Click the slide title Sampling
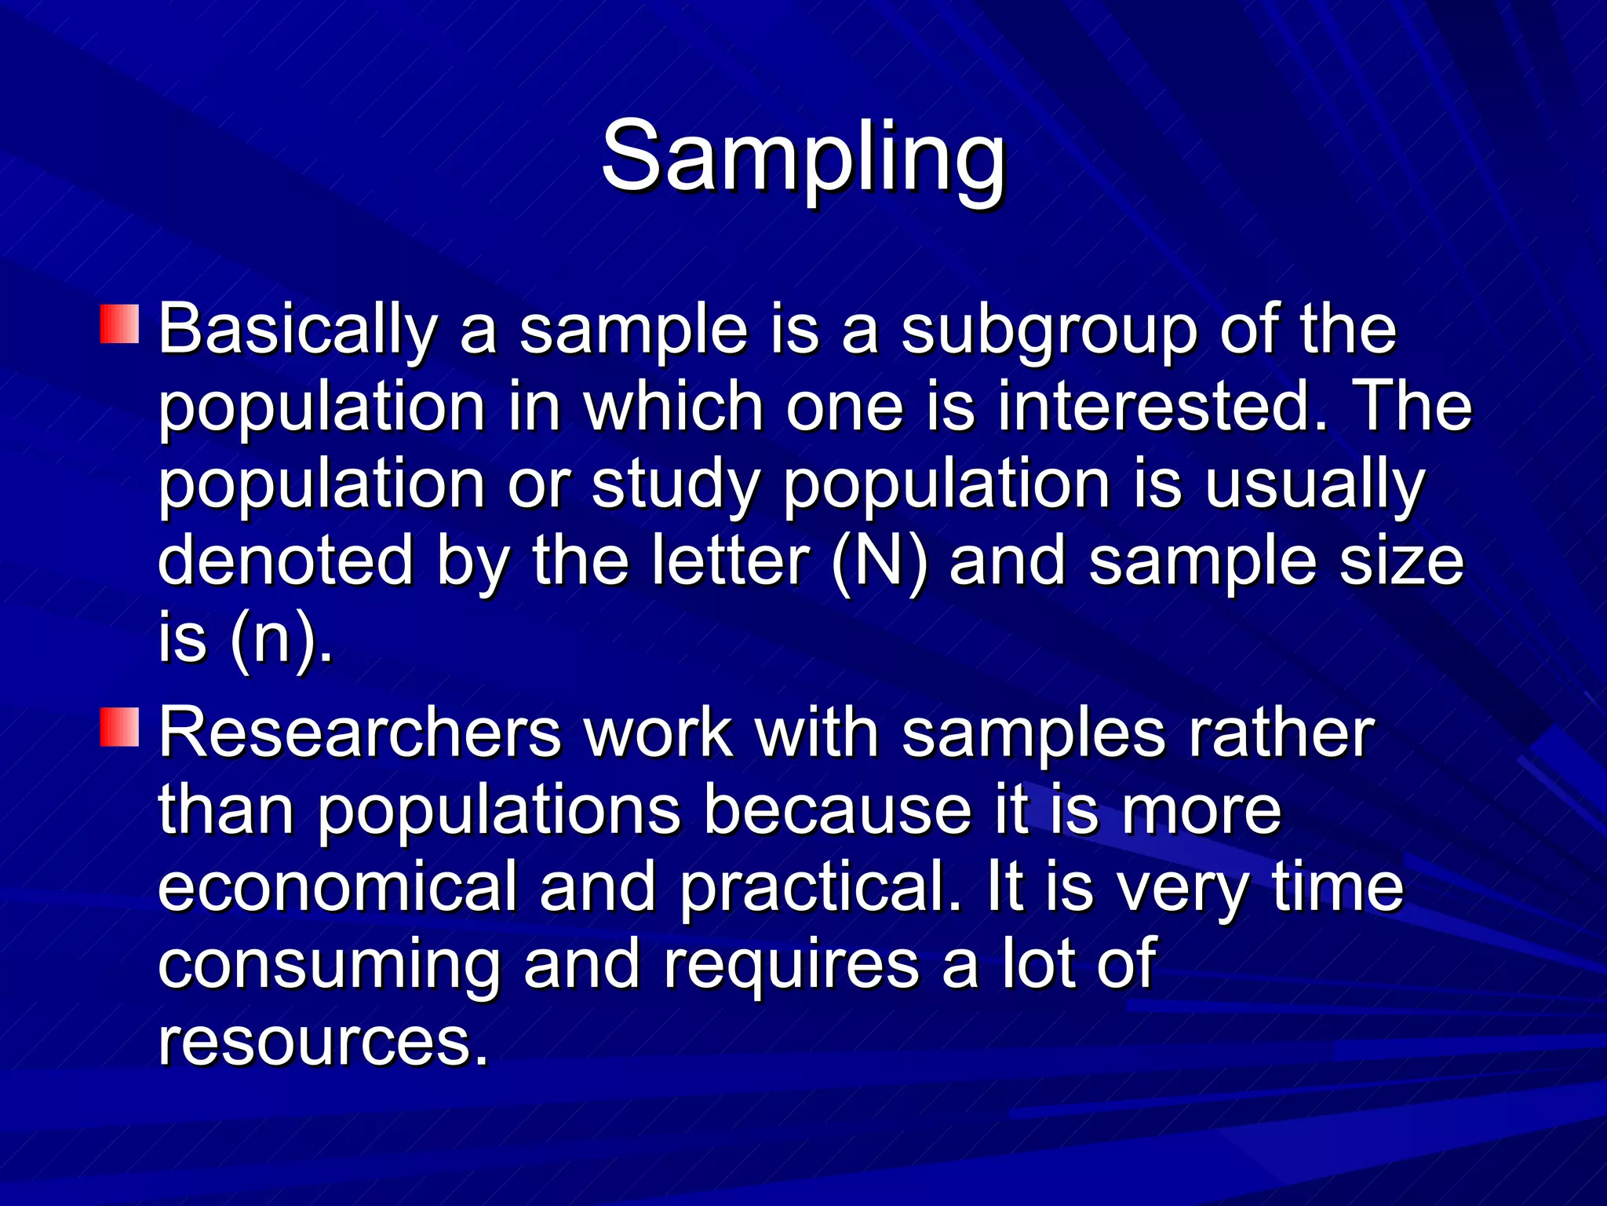point(803,157)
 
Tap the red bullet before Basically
point(119,324)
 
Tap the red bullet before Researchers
point(119,726)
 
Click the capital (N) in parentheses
point(880,561)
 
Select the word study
point(675,485)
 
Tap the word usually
point(1314,485)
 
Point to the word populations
point(499,810)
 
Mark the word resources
point(322,1042)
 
